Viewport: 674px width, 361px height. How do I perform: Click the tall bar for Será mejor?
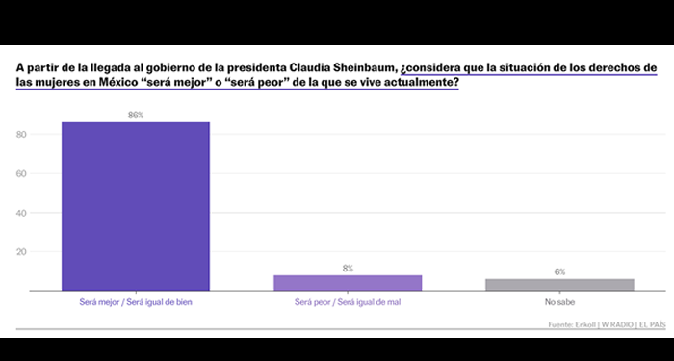point(136,206)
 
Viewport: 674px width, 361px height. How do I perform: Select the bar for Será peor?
point(348,283)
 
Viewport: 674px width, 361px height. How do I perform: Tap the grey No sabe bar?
point(559,285)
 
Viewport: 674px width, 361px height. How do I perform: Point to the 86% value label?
point(136,115)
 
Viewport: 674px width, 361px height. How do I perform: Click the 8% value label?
point(348,268)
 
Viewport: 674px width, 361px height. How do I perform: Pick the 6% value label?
point(559,272)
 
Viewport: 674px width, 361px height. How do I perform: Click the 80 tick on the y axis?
point(22,134)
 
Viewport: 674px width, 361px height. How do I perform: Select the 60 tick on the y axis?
point(22,173)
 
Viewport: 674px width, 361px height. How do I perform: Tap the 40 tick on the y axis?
point(22,213)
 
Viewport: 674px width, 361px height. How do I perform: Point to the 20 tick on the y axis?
point(22,252)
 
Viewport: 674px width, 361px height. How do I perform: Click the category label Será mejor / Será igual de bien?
point(136,302)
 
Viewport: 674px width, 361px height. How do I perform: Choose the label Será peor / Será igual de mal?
point(348,302)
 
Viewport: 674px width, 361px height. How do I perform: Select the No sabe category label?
point(559,302)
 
